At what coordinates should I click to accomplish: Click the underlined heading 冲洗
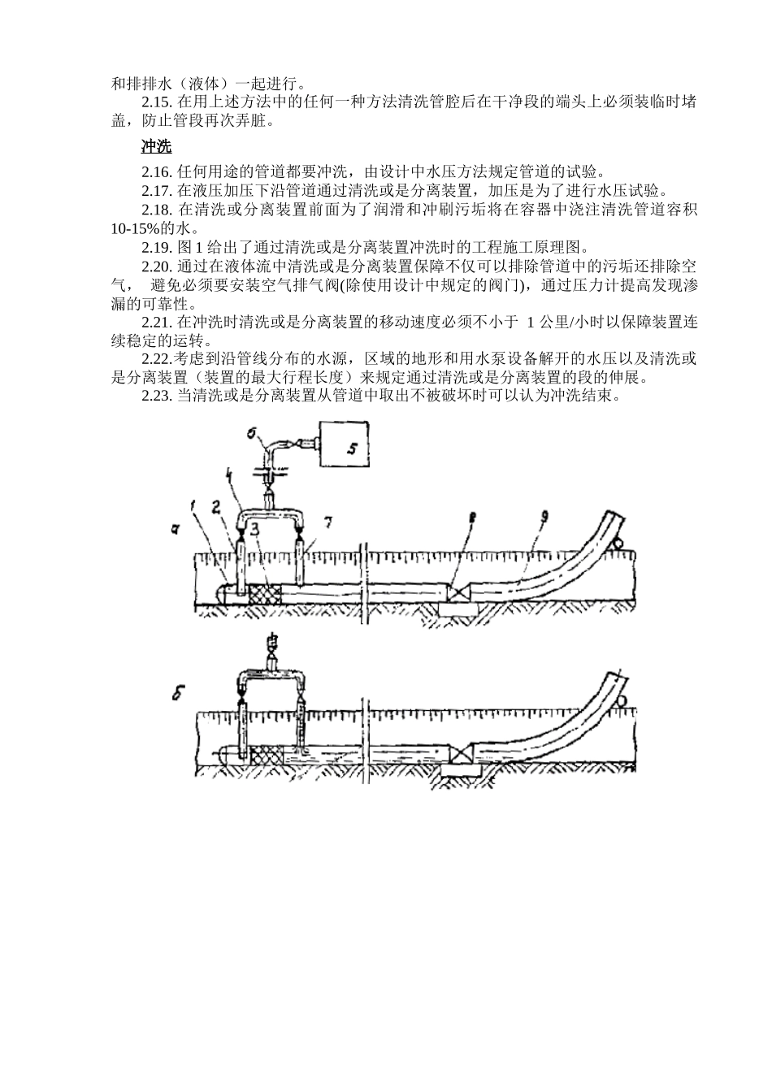(156, 146)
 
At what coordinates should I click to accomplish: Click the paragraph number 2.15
(157, 102)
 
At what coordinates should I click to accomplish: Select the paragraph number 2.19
(157, 247)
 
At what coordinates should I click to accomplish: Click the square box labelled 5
(344, 443)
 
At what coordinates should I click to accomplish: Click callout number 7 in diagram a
(327, 522)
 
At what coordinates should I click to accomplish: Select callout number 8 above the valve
(471, 518)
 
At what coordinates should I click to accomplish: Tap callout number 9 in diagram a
(544, 517)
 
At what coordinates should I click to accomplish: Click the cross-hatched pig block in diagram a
(264, 594)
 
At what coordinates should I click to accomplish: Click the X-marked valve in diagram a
(457, 593)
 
